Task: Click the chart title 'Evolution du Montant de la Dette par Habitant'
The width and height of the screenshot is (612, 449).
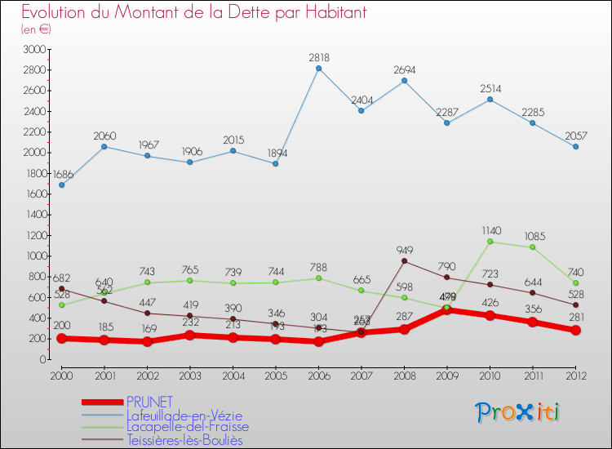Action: pos(193,13)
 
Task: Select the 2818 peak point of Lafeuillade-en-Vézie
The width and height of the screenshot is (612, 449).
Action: pos(318,68)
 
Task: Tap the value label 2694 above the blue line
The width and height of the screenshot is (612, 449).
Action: pos(404,69)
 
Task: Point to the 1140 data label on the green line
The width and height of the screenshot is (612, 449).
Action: pos(490,231)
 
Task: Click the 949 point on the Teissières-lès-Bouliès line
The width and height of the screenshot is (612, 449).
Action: pos(404,261)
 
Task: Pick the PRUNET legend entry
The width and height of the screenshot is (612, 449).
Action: pos(150,402)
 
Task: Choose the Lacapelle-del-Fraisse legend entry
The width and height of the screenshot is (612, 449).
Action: pos(188,426)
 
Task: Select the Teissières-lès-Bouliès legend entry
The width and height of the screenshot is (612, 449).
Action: pos(184,440)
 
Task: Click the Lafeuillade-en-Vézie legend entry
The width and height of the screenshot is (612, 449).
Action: pos(184,416)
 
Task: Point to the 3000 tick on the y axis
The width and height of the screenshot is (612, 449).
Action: pos(35,50)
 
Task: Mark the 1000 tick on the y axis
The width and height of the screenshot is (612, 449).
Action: pos(35,256)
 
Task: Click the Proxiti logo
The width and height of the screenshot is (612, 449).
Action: pos(518,412)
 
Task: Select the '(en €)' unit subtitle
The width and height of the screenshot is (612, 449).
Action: pos(37,29)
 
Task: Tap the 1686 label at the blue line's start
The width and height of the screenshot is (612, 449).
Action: pos(64,175)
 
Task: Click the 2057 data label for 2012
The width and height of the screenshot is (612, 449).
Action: pos(575,136)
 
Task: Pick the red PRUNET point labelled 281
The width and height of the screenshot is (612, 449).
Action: pos(575,331)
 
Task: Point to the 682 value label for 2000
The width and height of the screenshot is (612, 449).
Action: pos(61,278)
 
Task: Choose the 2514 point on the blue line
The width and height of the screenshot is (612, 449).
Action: pos(490,100)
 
